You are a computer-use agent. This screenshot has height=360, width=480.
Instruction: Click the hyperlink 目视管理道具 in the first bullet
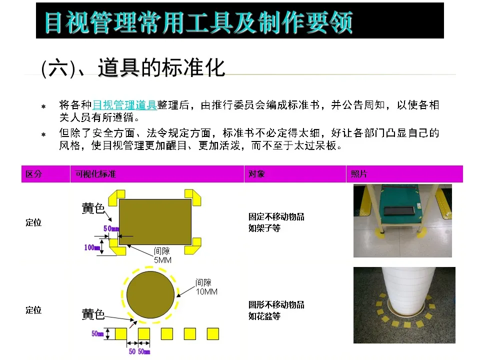point(124,105)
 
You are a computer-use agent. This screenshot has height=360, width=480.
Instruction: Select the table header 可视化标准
point(95,174)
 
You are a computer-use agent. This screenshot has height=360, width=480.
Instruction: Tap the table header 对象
point(256,174)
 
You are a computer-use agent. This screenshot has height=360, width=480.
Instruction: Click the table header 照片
point(359,174)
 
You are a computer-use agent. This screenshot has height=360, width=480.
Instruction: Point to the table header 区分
point(33,174)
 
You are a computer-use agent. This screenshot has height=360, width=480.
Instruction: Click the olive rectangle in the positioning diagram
point(155,221)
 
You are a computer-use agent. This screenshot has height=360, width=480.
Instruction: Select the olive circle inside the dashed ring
point(150,294)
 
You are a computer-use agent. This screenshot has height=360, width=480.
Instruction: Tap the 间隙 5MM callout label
point(162,255)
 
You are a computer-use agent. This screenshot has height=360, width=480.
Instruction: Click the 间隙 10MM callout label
point(206,287)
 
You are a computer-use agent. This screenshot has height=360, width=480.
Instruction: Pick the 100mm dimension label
point(92,247)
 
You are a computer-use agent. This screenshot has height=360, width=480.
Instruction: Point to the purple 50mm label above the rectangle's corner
point(111,228)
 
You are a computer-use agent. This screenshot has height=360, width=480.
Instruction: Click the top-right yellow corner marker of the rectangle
point(193,197)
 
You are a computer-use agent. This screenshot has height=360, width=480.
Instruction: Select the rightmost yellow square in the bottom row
point(213,333)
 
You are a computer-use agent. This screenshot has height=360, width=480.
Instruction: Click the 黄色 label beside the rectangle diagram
point(93,208)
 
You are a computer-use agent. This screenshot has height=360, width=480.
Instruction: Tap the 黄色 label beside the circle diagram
point(93,314)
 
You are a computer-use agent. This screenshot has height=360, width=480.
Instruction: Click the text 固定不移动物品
point(276,216)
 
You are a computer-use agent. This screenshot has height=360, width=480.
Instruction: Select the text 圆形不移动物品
point(276,304)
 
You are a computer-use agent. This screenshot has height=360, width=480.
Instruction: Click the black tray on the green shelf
point(398,210)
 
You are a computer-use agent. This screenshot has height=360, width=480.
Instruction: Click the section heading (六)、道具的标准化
point(133,67)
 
